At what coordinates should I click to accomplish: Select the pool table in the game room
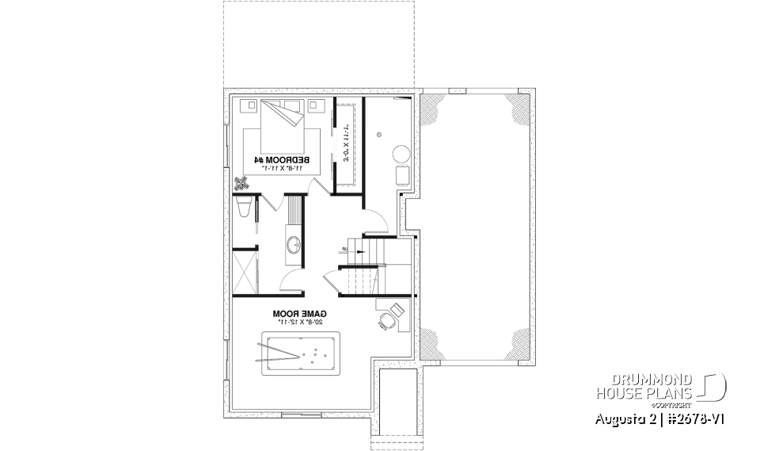[x=300, y=348]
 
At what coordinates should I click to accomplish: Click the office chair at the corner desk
[x=385, y=321]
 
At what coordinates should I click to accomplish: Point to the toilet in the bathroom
[x=244, y=209]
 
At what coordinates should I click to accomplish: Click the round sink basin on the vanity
[x=294, y=243]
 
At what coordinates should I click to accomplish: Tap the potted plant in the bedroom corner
[x=241, y=184]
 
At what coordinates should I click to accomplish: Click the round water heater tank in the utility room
[x=401, y=153]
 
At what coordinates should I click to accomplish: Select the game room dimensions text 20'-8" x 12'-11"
[x=300, y=323]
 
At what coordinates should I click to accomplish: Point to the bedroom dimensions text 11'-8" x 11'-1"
[x=282, y=169]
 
